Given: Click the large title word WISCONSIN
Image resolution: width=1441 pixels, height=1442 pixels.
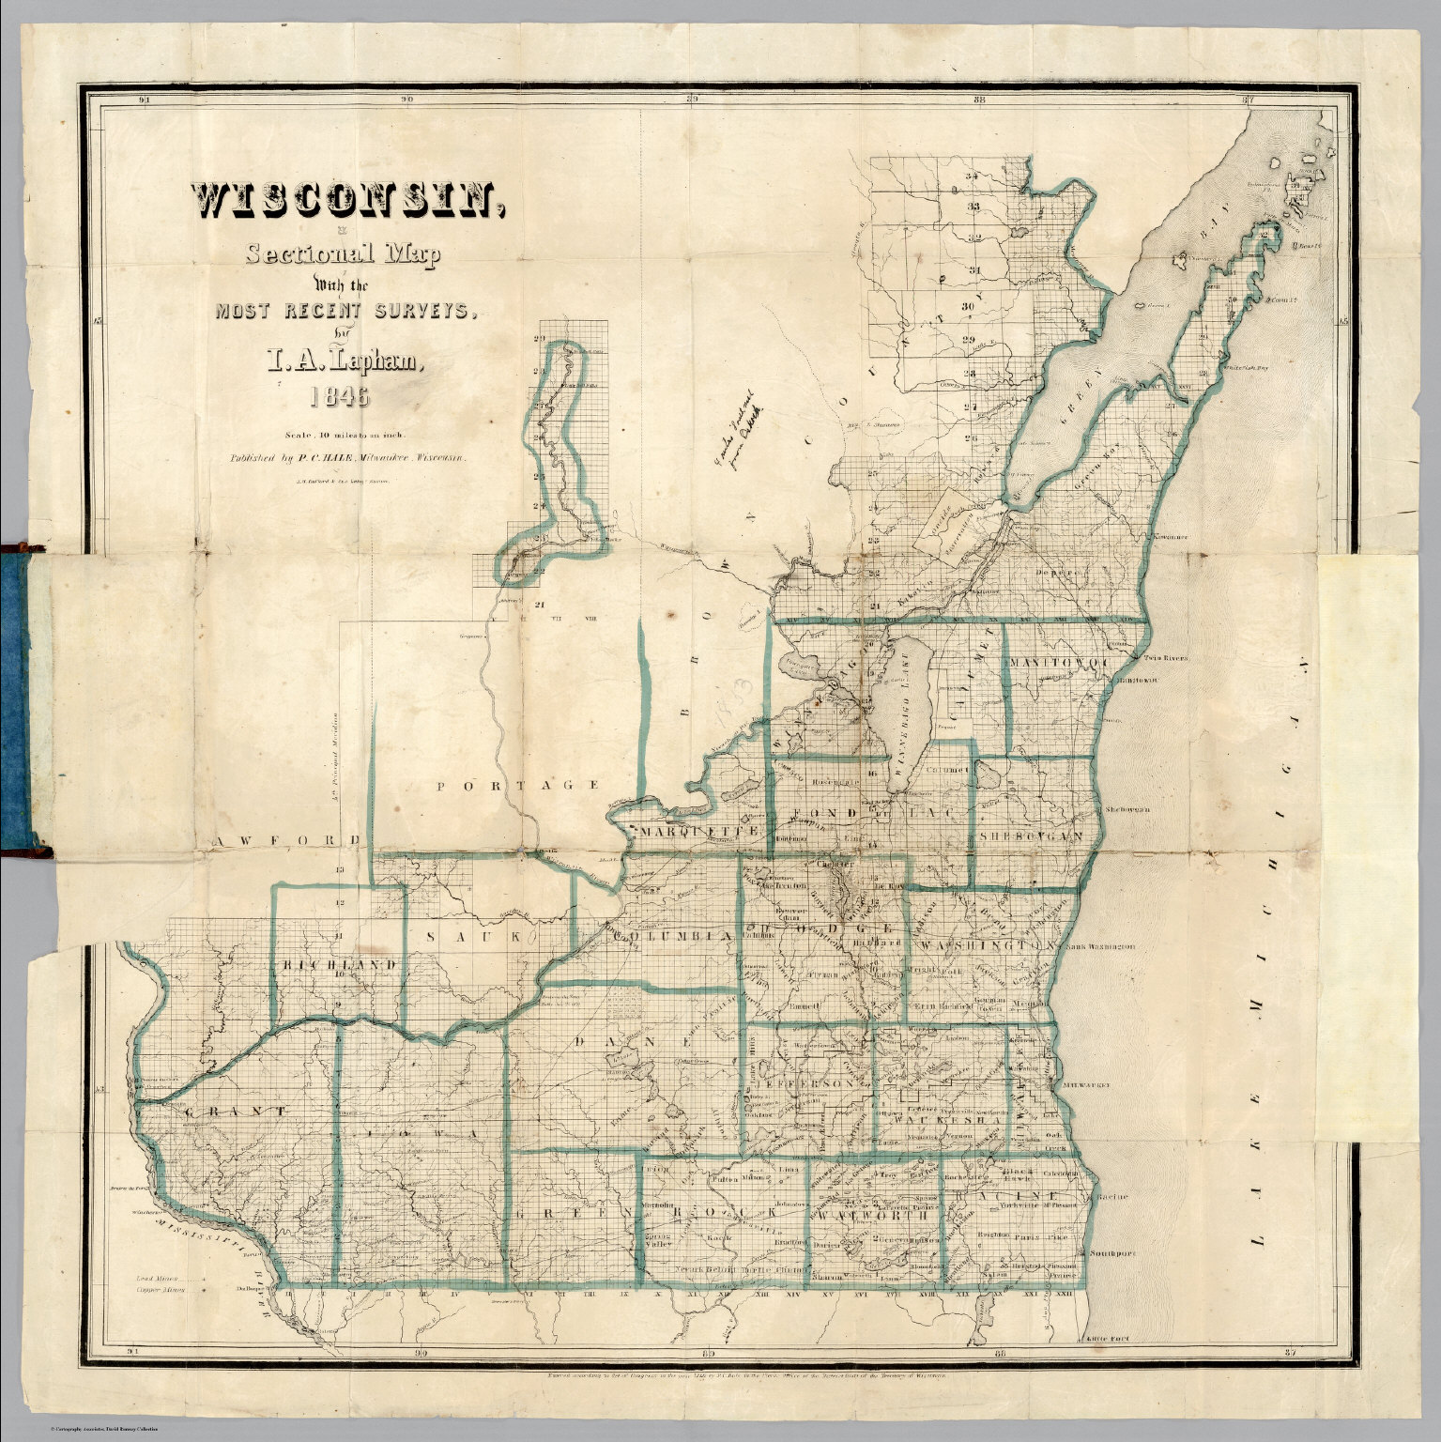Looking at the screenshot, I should (x=344, y=200).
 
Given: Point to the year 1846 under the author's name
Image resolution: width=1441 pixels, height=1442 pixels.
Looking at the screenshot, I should (x=340, y=398).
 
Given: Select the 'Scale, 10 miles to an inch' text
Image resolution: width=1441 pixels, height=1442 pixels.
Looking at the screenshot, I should (x=339, y=435).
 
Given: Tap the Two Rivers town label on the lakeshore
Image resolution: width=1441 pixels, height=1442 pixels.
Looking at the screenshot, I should (x=1164, y=658).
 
